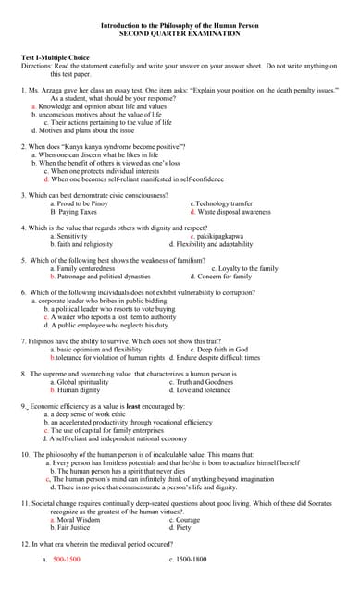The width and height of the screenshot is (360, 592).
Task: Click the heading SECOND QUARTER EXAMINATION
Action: pos(180,32)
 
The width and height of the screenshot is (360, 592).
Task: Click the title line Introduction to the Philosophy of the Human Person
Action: pos(180,25)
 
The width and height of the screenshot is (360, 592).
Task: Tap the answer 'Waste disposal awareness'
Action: pos(234,211)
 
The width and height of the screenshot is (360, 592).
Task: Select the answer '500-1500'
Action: pos(67,560)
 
